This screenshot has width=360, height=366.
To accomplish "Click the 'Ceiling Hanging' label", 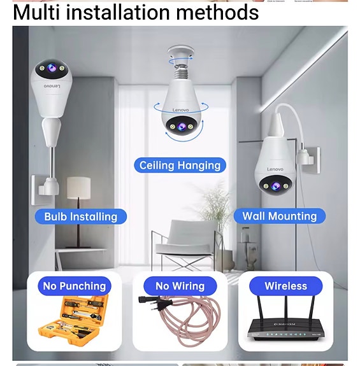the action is pos(180,165).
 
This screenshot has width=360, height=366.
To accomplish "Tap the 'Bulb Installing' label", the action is pos(80,216).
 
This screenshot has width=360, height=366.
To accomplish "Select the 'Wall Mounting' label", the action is pos(280,216).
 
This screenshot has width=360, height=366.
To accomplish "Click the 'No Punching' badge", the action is pos(75,286).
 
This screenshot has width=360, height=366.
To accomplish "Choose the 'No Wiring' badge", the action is pos(180,286).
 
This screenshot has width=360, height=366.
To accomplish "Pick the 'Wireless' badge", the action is pos(286,286).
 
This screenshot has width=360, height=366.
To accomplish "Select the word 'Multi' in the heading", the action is pos(36,12).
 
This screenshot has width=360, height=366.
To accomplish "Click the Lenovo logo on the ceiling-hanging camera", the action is pos(180,110).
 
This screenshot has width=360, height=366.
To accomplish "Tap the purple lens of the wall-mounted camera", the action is pos(276,186).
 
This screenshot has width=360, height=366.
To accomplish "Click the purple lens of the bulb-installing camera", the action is pos(52,68).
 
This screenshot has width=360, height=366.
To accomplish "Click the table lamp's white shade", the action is pos(79,188).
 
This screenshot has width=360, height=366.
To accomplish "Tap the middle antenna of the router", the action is pos(285,309).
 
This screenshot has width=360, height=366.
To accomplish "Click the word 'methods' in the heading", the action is pos(217,12).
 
